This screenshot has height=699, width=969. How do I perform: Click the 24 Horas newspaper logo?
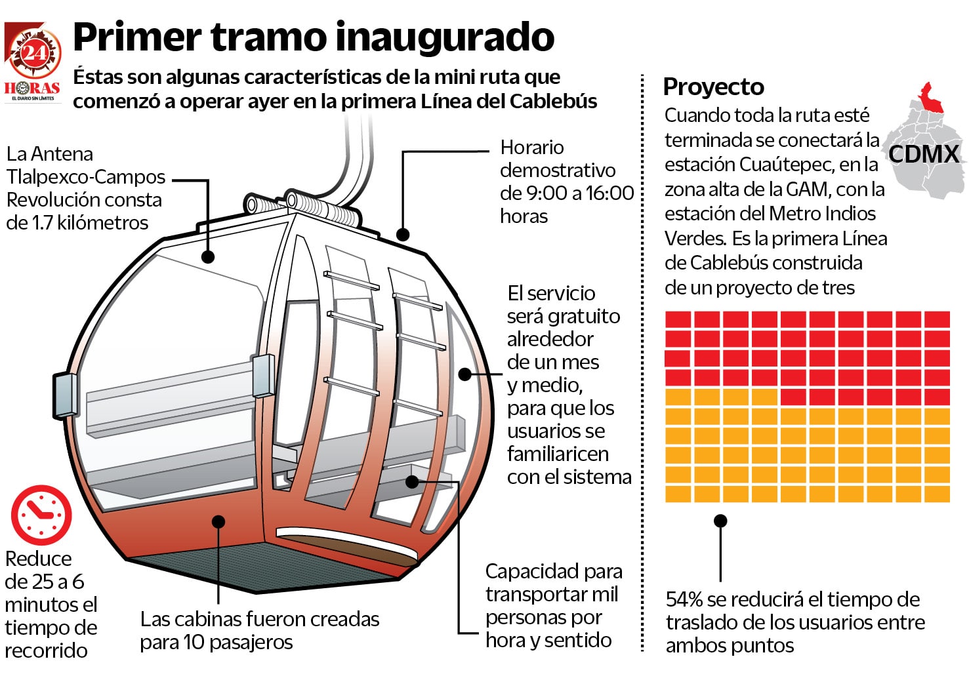click(33, 62)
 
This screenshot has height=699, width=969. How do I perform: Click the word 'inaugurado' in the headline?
click(449, 37)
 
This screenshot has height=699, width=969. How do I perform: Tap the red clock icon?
click(41, 515)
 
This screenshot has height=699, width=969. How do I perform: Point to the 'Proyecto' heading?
click(713, 87)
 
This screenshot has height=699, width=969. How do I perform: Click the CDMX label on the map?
click(924, 154)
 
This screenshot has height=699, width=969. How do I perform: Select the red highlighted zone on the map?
click(930, 100)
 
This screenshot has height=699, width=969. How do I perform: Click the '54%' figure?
click(684, 599)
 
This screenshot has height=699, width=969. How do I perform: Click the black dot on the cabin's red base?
click(218, 522)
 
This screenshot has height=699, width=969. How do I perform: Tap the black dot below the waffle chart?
click(720, 521)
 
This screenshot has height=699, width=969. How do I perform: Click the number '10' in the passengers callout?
click(194, 642)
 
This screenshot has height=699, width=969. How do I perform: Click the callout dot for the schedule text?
click(403, 234)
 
